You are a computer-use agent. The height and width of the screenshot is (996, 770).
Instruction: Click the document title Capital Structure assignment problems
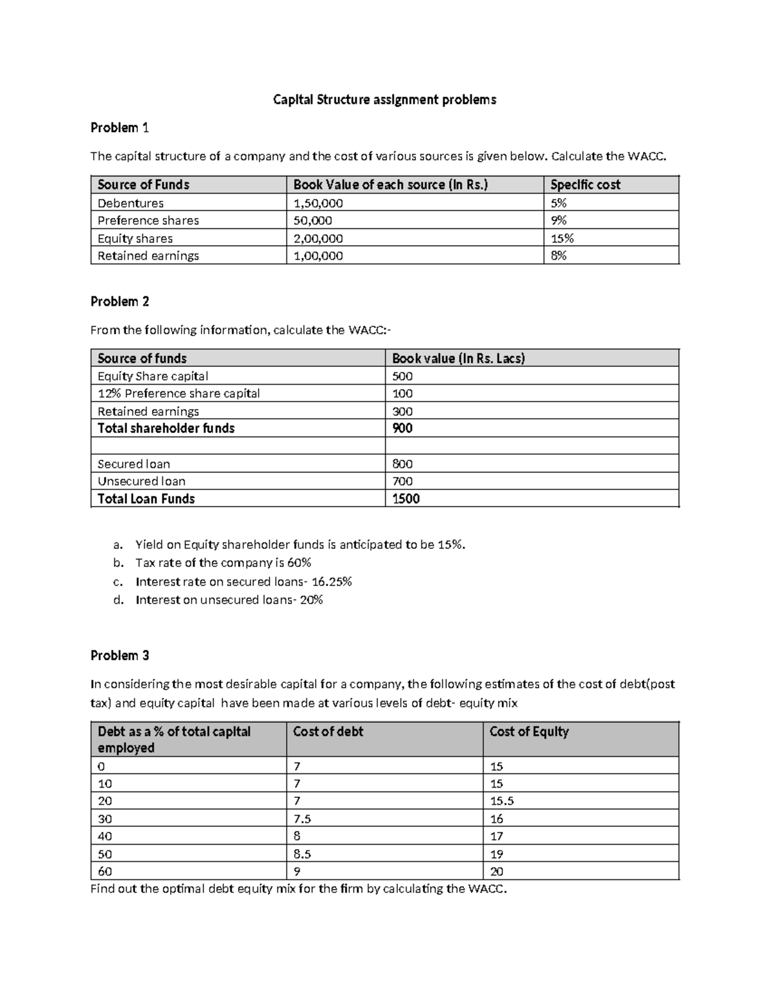click(x=384, y=99)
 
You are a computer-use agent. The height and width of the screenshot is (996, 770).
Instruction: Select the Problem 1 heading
click(x=119, y=128)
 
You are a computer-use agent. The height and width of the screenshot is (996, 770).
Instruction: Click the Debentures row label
click(x=130, y=203)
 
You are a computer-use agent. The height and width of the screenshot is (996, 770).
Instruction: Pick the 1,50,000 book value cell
click(x=318, y=203)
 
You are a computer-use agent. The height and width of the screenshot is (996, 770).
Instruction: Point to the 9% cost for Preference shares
click(x=558, y=221)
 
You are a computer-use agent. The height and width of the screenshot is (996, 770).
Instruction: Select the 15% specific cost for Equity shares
click(x=561, y=239)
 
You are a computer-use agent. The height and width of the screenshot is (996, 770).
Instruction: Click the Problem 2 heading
click(x=119, y=301)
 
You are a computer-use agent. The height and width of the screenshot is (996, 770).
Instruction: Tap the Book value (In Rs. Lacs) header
click(x=458, y=359)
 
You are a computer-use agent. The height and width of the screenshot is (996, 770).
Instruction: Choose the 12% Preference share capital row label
click(x=178, y=393)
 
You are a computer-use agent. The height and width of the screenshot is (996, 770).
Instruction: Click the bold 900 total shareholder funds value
click(x=402, y=428)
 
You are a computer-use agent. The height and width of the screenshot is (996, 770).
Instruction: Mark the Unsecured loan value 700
click(x=402, y=481)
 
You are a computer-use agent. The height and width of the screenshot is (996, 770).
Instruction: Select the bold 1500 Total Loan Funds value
click(x=406, y=499)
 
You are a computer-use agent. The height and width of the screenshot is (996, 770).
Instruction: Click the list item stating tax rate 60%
click(x=223, y=563)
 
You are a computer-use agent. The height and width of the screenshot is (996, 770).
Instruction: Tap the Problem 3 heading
click(x=119, y=655)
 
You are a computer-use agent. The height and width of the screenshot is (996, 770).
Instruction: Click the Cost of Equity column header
click(x=529, y=732)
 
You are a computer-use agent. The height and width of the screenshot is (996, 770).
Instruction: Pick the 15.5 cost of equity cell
click(x=502, y=801)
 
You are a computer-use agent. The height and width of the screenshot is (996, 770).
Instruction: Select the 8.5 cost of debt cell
click(x=302, y=854)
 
